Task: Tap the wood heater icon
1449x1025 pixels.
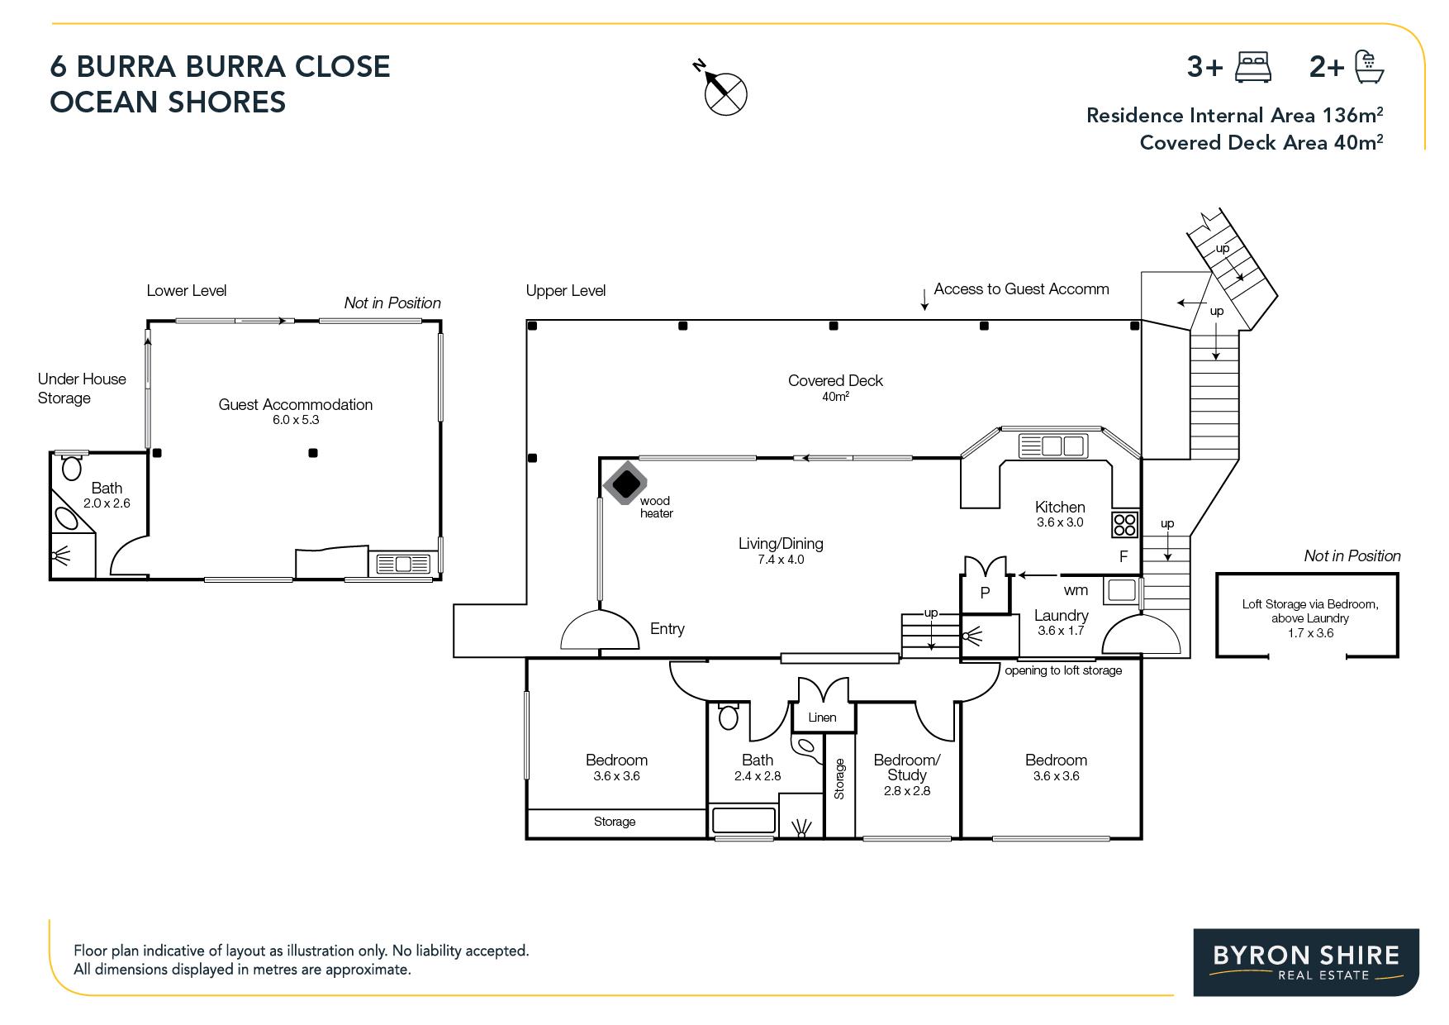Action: pos(629,483)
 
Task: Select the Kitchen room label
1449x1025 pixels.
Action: pos(1060,507)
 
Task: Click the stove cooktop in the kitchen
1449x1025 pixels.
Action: pos(1124,525)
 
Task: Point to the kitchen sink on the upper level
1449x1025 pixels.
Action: pos(1052,446)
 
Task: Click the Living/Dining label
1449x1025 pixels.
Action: pos(781,543)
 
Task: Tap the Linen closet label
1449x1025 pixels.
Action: pos(822,717)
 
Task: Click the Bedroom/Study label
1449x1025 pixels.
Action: pos(907,767)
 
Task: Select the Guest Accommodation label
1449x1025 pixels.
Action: pos(296,404)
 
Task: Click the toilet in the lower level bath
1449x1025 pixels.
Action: pos(72,466)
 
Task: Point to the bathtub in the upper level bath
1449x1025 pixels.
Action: pos(744,821)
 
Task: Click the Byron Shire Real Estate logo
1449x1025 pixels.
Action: pos(1306,962)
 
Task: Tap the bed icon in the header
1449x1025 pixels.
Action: pos(1252,67)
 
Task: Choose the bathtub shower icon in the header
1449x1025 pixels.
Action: pos(1370,67)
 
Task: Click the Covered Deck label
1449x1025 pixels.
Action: pos(835,380)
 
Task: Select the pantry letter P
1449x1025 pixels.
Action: pos(985,593)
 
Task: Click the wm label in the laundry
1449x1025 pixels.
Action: pos(1076,590)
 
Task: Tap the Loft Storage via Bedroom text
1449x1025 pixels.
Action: pos(1310,604)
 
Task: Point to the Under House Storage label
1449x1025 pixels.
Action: pos(82,389)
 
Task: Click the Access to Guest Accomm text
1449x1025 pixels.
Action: pos(1021,288)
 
